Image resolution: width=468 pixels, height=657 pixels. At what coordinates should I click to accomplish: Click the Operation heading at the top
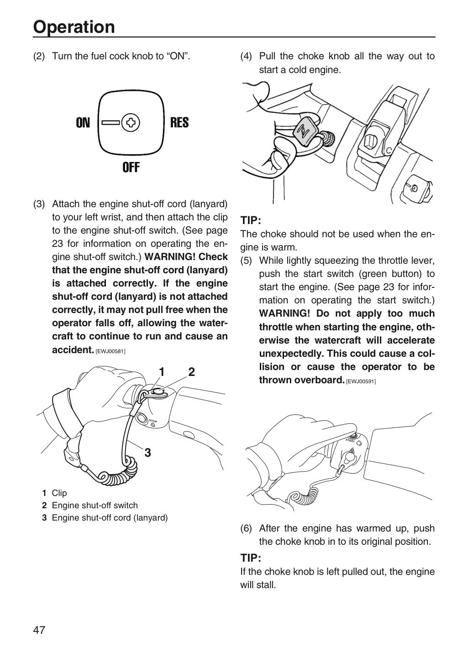[x=74, y=27]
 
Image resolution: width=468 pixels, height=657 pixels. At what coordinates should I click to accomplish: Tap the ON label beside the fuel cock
[x=83, y=123]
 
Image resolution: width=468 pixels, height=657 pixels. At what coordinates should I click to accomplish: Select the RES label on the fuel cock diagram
[x=179, y=123]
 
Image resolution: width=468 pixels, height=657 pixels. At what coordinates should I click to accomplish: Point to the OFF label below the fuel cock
[x=131, y=167]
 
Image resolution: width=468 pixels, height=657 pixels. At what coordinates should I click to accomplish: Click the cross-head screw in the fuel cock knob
[x=131, y=123]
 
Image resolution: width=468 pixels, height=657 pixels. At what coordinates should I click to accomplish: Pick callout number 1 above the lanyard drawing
[x=162, y=372]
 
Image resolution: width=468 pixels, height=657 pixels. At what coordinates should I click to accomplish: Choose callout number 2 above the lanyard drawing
[x=191, y=372]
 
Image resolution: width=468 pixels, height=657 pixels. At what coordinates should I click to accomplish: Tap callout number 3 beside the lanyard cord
[x=147, y=453]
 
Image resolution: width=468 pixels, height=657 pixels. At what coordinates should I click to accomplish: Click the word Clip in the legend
[x=59, y=493]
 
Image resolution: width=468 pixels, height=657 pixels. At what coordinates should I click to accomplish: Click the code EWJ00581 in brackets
[x=110, y=351]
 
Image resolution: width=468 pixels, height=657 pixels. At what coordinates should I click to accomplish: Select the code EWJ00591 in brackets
[x=361, y=381]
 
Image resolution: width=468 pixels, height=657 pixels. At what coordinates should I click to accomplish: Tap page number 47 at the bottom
[x=39, y=630]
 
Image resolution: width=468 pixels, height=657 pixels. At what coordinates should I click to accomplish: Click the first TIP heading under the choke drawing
[x=251, y=220]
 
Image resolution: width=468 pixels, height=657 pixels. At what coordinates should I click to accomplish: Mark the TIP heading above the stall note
[x=251, y=558]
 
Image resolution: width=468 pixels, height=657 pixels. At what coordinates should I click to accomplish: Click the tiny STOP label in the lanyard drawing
[x=153, y=421]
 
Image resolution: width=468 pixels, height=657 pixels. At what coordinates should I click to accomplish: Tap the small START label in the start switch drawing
[x=350, y=441]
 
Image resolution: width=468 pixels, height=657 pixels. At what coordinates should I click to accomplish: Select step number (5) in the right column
[x=246, y=261]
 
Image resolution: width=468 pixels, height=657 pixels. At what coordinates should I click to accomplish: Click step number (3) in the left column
[x=39, y=204]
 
